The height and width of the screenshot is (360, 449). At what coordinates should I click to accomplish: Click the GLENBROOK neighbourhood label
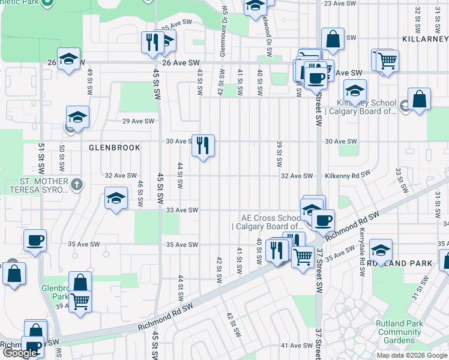114,147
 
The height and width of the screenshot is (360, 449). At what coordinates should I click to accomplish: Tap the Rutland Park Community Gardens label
399,332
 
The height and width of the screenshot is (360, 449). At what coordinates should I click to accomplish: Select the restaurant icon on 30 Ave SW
203,145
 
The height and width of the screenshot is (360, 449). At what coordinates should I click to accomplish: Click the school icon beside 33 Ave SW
116,199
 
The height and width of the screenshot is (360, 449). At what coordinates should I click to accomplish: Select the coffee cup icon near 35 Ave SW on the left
35,241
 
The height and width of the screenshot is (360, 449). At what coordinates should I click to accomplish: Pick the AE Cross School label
271,222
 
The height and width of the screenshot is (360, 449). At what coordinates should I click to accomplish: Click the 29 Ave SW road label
135,121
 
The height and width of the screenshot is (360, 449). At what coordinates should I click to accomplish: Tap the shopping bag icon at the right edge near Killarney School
419,100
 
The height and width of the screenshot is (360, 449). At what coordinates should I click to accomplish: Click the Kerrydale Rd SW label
362,251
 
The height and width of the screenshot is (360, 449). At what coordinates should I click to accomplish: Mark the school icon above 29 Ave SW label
77,117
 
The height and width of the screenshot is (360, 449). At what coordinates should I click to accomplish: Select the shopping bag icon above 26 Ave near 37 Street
333,40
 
